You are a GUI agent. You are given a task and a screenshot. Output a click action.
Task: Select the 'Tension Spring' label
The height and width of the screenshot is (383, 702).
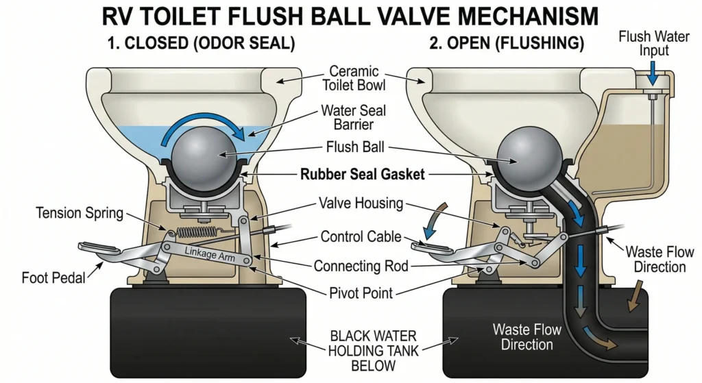tap(80, 213)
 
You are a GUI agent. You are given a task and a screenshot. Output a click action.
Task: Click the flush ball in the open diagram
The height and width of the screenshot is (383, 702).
tap(524, 154)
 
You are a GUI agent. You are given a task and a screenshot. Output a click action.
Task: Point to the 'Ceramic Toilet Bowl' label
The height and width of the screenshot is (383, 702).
tap(356, 79)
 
